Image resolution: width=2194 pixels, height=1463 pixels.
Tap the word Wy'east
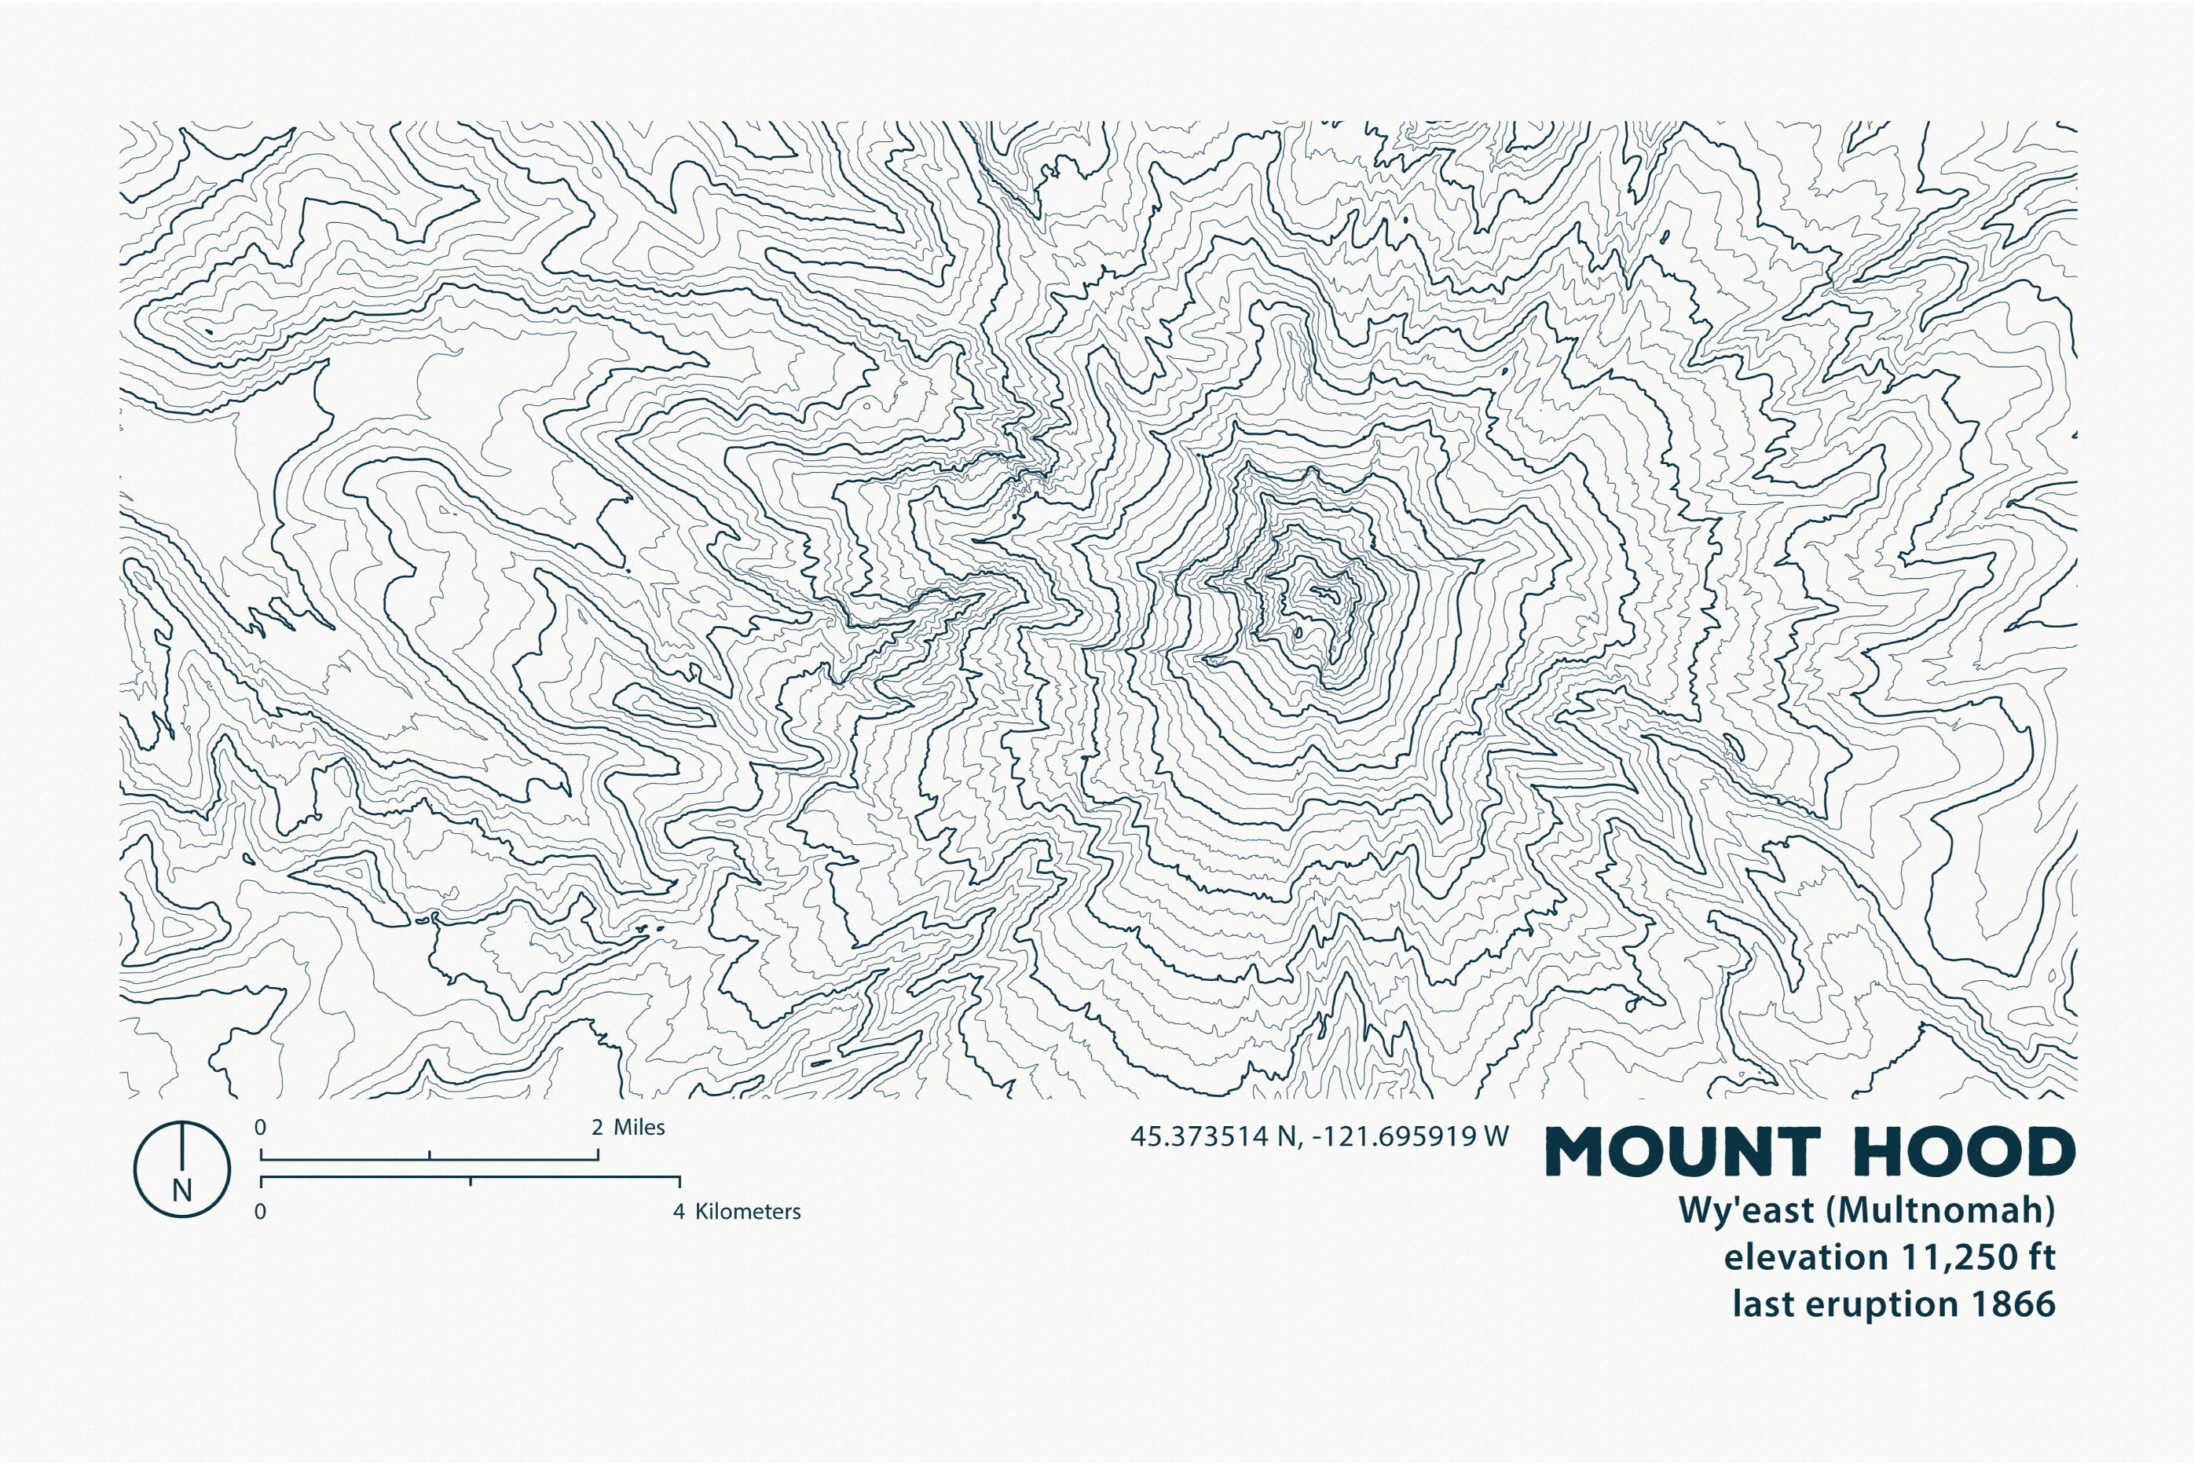click(1746, 1209)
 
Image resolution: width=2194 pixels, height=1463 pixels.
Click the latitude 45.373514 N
click(1213, 1136)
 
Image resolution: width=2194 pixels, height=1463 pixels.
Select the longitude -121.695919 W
click(1409, 1136)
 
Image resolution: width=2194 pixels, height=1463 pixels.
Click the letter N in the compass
click(182, 1191)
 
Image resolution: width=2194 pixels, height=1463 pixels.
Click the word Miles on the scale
click(639, 1127)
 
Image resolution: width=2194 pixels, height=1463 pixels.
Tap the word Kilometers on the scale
click(748, 1212)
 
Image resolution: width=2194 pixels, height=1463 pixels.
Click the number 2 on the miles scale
click(597, 1127)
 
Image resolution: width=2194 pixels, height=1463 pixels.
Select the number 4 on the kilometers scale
click(679, 1212)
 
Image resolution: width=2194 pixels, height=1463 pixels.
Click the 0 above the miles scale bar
click(260, 1127)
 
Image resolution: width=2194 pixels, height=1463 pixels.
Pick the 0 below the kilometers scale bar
click(260, 1212)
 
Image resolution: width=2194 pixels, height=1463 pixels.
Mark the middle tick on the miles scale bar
click(429, 1156)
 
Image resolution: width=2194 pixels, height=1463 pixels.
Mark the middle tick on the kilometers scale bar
click(471, 1182)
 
